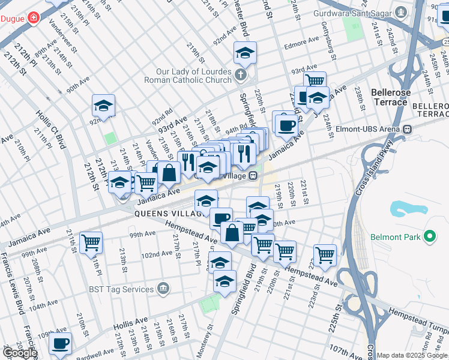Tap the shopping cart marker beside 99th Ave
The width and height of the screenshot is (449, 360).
[91, 242]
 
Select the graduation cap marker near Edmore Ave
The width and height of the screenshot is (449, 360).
[245, 54]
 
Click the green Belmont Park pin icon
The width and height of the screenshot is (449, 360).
[429, 237]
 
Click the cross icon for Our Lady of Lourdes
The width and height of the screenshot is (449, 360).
[240, 75]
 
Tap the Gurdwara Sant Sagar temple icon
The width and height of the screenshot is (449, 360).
[400, 12]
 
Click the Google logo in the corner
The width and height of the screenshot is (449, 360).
[19, 353]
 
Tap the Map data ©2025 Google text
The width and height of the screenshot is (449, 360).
[412, 355]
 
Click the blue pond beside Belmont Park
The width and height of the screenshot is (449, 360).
[409, 209]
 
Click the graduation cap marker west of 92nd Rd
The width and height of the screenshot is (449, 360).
[103, 106]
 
